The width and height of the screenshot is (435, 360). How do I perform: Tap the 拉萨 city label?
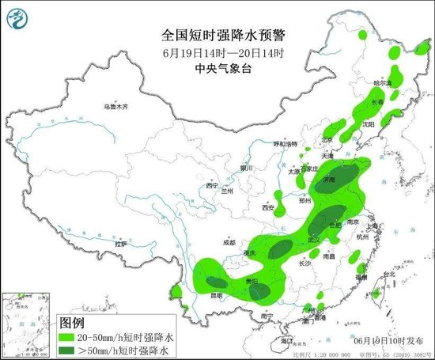click(x=120, y=244)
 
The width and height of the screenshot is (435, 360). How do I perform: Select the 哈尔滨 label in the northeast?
click(x=382, y=82)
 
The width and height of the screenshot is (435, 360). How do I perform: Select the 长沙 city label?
click(x=305, y=264)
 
